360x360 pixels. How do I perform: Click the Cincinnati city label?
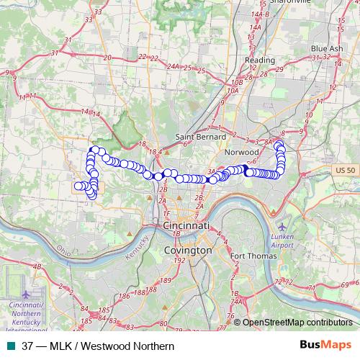(x=186, y=225)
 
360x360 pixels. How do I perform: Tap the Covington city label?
(x=188, y=250)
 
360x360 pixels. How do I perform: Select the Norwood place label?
(x=241, y=153)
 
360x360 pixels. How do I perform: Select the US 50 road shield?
(x=346, y=170)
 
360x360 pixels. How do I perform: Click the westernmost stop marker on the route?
(x=78, y=186)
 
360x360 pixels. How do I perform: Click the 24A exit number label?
(x=173, y=66)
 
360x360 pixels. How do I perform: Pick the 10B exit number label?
(x=234, y=91)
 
